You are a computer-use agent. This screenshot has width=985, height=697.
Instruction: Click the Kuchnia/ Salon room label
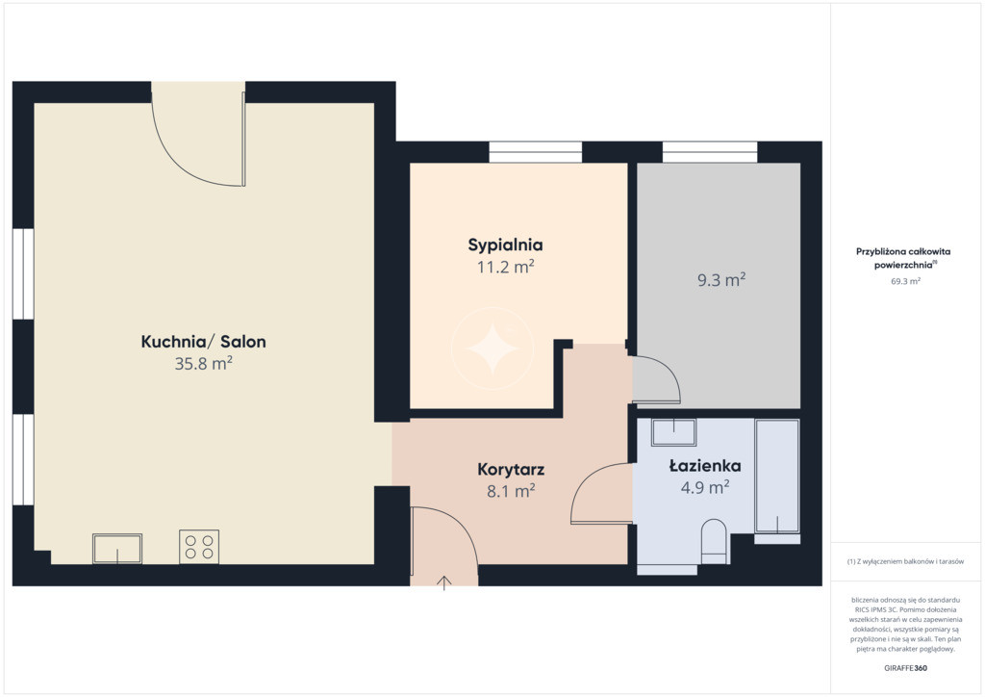click(x=204, y=342)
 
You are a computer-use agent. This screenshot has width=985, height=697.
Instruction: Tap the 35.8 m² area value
click(x=204, y=363)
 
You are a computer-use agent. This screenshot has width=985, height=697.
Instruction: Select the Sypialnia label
click(x=505, y=245)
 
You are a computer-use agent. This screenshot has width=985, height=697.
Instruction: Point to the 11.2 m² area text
click(x=505, y=267)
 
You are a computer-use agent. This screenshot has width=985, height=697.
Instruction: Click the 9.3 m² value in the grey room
click(x=721, y=280)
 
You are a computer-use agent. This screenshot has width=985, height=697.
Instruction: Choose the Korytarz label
click(x=511, y=470)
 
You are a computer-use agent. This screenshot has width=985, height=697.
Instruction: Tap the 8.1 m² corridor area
click(x=511, y=491)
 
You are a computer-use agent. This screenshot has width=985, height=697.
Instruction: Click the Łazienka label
click(x=705, y=466)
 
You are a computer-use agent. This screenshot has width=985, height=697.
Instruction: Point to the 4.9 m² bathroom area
click(x=705, y=487)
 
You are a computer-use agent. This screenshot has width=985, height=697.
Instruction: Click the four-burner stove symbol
click(x=199, y=547)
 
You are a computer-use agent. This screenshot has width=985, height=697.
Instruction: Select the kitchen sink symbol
click(x=117, y=549)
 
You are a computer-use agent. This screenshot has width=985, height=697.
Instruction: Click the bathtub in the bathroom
click(x=777, y=477)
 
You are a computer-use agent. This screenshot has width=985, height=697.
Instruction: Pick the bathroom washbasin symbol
click(x=673, y=432)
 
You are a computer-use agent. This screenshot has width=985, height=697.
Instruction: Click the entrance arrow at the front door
click(x=444, y=582)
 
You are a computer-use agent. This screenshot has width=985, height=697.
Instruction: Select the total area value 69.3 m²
click(x=905, y=281)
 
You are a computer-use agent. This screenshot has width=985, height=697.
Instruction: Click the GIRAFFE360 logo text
click(x=905, y=668)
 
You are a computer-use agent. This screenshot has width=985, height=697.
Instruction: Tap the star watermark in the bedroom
click(x=492, y=348)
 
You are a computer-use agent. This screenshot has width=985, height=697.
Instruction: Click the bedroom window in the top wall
click(x=535, y=152)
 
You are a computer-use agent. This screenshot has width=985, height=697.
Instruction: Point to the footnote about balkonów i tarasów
click(x=905, y=561)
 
